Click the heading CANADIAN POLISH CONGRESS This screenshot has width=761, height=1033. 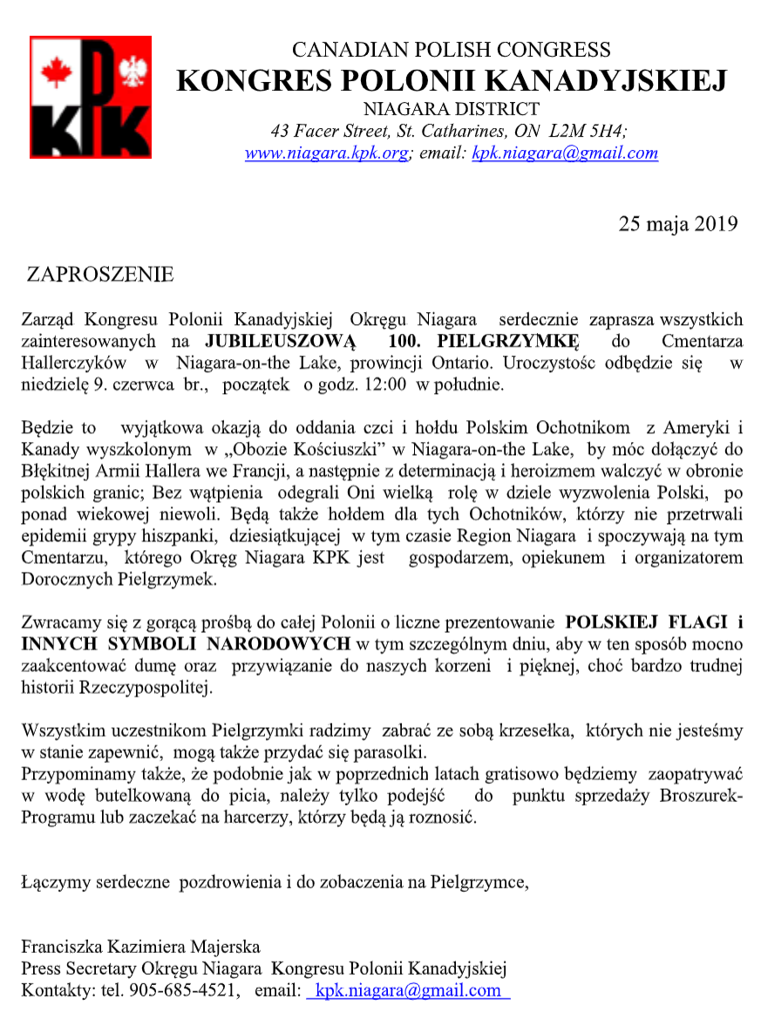coord(451,50)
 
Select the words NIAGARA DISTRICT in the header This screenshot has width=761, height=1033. coord(451,110)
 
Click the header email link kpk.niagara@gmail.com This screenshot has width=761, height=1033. coord(564,153)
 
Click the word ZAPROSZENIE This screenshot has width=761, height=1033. coord(100,275)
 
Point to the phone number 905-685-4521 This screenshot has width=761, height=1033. coord(184,990)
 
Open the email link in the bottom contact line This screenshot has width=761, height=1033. coord(408,990)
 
